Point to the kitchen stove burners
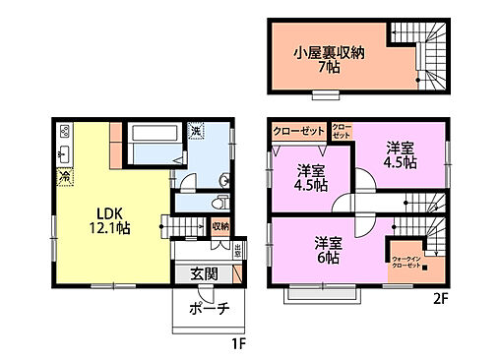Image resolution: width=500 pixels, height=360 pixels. pos(65,131)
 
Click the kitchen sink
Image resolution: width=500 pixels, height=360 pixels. pos(65,154)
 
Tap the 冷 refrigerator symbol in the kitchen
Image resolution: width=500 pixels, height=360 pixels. pos(65,177)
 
